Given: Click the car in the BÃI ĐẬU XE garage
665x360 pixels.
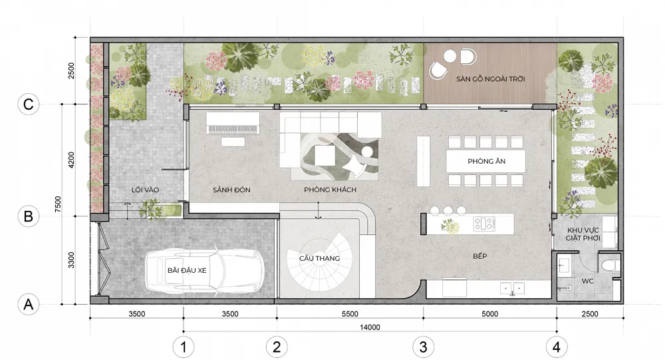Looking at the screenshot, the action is click(x=205, y=270).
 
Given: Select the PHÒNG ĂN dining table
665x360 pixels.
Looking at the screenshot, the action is click(x=485, y=161).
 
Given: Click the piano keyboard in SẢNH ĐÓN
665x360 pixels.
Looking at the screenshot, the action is click(x=232, y=130).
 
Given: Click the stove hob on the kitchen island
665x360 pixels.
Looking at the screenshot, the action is click(x=484, y=224).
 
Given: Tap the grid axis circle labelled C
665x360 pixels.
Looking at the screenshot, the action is click(x=29, y=104).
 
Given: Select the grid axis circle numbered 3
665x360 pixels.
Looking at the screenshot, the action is click(x=423, y=347).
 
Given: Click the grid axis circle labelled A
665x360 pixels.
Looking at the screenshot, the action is click(x=29, y=304).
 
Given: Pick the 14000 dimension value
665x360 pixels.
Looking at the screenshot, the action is click(x=370, y=327).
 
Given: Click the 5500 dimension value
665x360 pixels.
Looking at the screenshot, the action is click(x=350, y=314).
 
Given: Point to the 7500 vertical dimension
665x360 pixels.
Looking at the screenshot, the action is click(x=58, y=204).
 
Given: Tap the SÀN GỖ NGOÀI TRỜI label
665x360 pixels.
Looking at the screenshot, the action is click(x=491, y=79).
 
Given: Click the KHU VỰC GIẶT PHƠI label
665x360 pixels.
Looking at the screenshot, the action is click(x=583, y=234).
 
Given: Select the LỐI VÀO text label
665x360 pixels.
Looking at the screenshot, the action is click(x=145, y=190).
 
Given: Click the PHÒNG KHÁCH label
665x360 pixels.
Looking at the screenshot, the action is click(x=330, y=190).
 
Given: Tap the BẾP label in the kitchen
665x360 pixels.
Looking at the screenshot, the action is click(x=480, y=256).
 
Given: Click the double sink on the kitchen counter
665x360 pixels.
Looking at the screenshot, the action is click(x=512, y=288).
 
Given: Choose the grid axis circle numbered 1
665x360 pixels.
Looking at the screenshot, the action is click(x=184, y=347).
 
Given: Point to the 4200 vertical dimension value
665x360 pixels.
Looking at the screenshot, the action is click(x=71, y=160).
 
